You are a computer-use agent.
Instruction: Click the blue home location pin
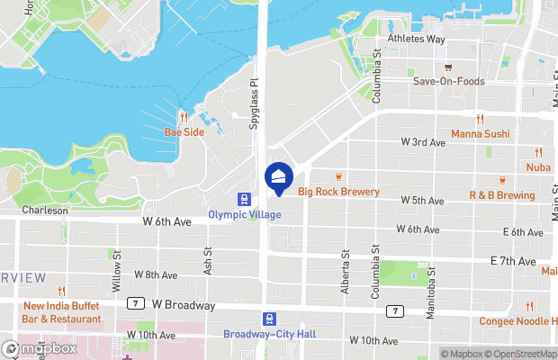pyautogui.click(x=278, y=176)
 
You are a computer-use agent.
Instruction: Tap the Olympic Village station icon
pyautogui.click(x=243, y=199)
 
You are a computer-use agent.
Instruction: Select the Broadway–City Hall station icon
pyautogui.click(x=269, y=319)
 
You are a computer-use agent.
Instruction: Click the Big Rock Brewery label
pyautogui.click(x=338, y=192)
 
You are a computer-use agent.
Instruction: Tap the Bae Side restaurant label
pyautogui.click(x=184, y=131)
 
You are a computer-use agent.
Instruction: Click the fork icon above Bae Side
pyautogui.click(x=184, y=117)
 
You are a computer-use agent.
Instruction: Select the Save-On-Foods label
pyautogui.click(x=448, y=81)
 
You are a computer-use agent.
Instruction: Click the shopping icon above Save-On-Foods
pyautogui.click(x=448, y=67)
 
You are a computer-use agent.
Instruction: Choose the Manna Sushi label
pyautogui.click(x=480, y=133)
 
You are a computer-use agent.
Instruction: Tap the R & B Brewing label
pyautogui.click(x=501, y=195)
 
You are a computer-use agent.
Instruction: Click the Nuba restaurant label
pyautogui.click(x=538, y=167)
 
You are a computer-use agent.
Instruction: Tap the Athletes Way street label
pyautogui.click(x=416, y=40)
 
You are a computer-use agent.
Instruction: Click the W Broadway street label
pyautogui.click(x=184, y=305)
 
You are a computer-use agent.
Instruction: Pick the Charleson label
pyautogui.click(x=44, y=211)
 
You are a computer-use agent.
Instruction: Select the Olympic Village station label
pyautogui.click(x=244, y=214)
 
